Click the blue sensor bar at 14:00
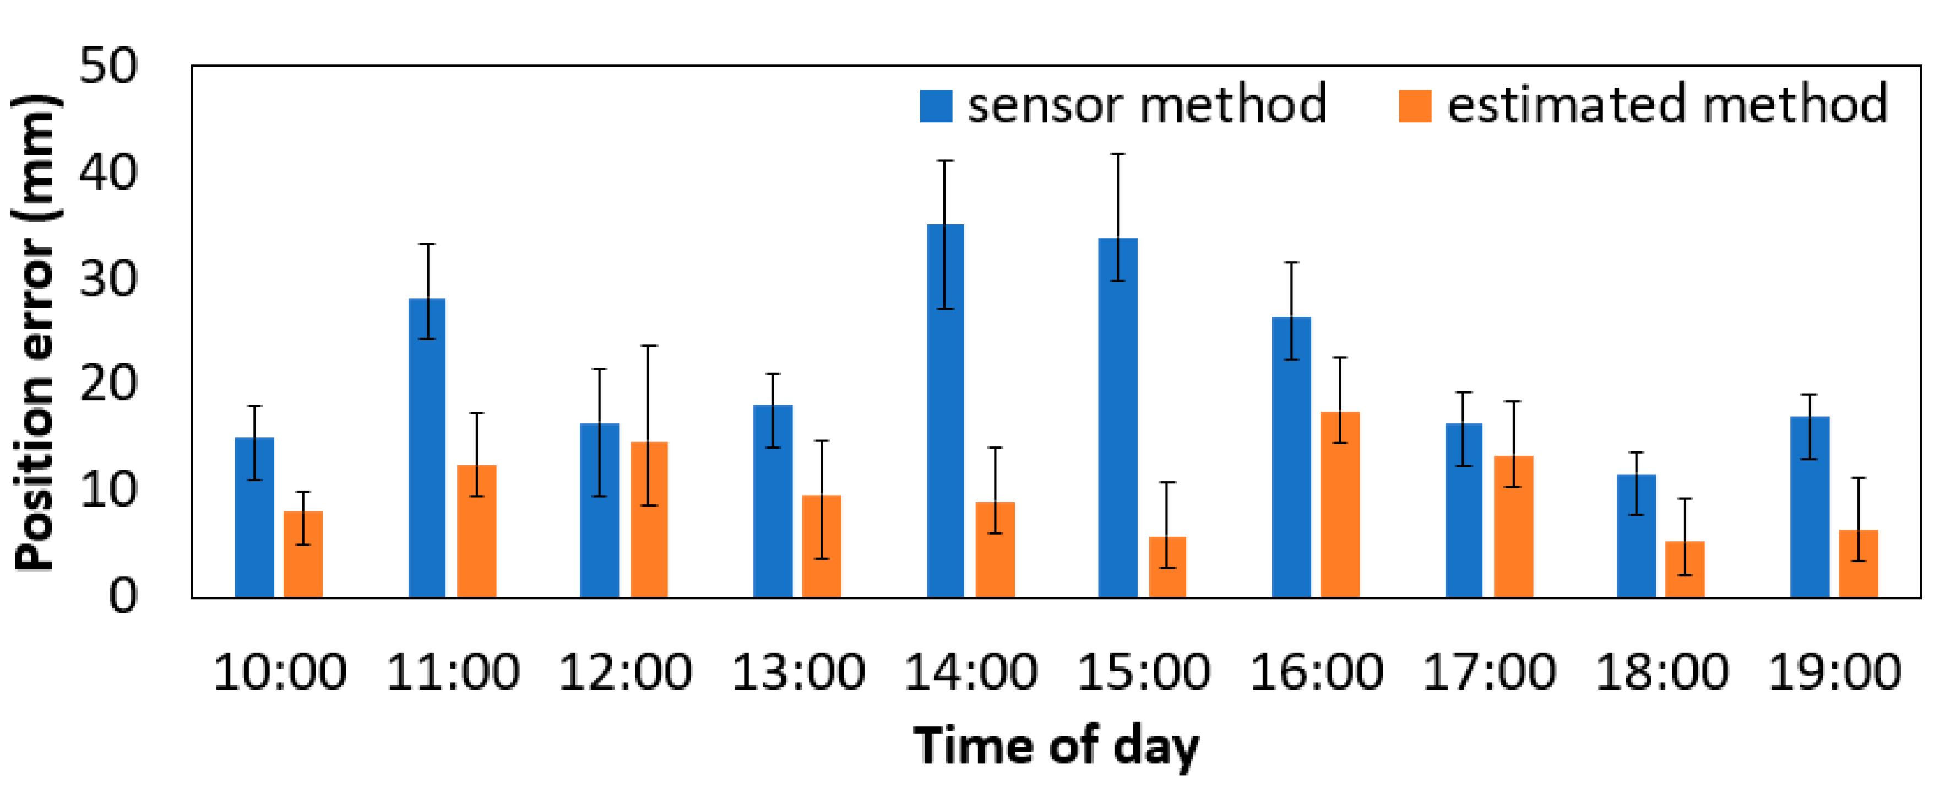[946, 410]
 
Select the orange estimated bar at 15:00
[1167, 567]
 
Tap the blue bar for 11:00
[427, 448]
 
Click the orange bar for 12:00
[649, 520]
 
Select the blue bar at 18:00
[1636, 536]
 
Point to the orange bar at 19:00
[1858, 563]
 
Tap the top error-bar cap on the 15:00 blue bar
[1118, 154]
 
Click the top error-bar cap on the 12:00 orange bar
[649, 347]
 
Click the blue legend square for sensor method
[936, 106]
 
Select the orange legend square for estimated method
[1415, 106]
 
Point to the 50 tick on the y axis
[108, 66]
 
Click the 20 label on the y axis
[108, 384]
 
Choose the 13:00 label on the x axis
[798, 672]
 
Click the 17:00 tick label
[1489, 672]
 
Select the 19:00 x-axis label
[1834, 672]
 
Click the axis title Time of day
[1056, 746]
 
